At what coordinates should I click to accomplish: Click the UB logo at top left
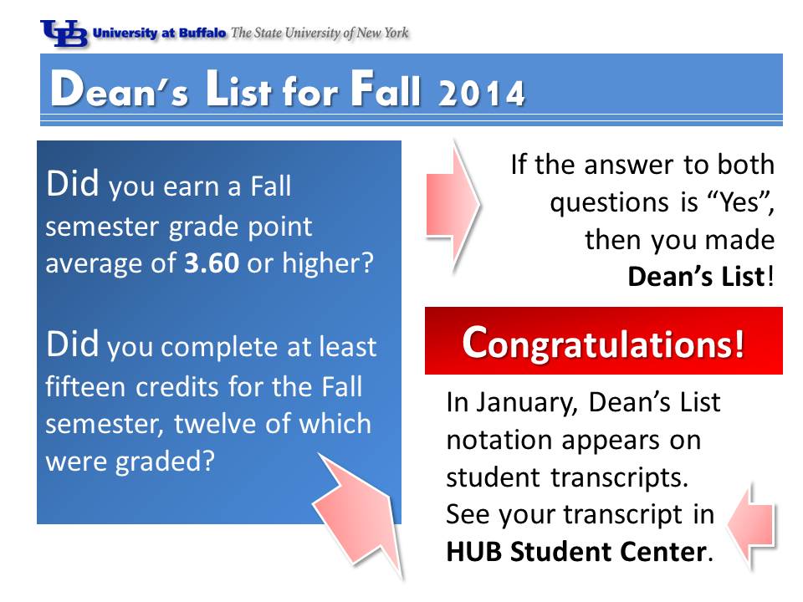64,33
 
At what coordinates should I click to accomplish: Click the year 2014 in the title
482,93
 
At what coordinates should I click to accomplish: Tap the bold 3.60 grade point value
212,263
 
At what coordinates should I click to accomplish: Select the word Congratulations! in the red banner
603,343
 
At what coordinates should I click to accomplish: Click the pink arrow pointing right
453,205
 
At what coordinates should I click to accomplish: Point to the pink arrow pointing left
751,526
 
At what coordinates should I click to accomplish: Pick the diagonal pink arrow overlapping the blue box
359,512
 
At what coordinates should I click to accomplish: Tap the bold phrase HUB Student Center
576,552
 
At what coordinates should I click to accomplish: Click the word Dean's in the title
120,89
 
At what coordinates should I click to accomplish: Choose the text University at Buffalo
159,33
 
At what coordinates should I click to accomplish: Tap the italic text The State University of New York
320,33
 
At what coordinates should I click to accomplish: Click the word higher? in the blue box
328,264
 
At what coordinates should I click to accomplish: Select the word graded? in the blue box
165,462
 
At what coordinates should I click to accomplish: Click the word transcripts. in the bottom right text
619,477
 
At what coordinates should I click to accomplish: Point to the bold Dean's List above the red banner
696,277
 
